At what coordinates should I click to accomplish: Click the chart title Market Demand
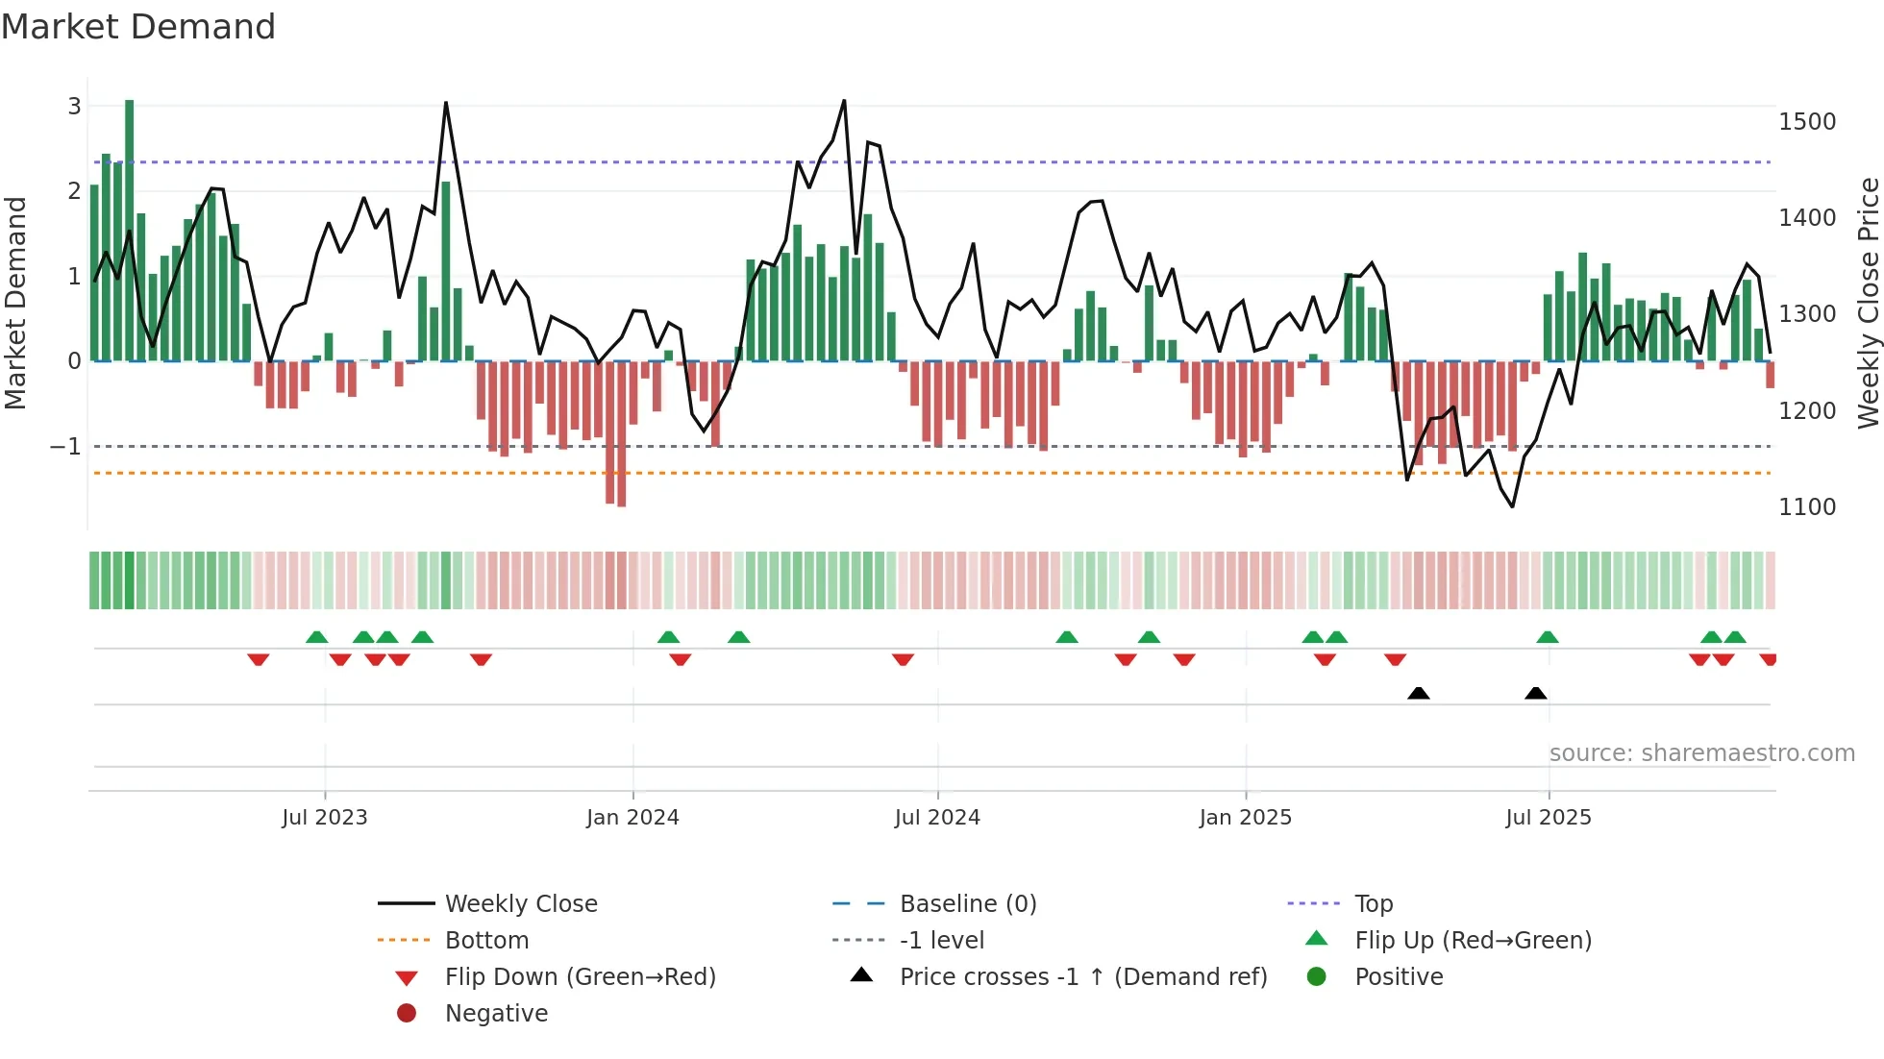point(138,27)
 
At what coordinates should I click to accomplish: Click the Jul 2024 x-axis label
point(937,818)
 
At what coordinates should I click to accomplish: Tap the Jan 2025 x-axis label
point(1245,818)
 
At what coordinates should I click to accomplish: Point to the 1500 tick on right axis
point(1806,122)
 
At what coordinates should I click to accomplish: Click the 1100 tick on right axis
point(1806,507)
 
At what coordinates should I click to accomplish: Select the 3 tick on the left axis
point(74,107)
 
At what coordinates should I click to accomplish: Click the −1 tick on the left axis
point(65,447)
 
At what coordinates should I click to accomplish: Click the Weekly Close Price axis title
point(1868,303)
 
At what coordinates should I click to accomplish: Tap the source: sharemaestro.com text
point(1701,753)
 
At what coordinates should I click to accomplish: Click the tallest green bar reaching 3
point(129,231)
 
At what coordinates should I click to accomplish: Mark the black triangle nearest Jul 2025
point(1535,693)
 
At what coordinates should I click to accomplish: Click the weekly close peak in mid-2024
point(844,101)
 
